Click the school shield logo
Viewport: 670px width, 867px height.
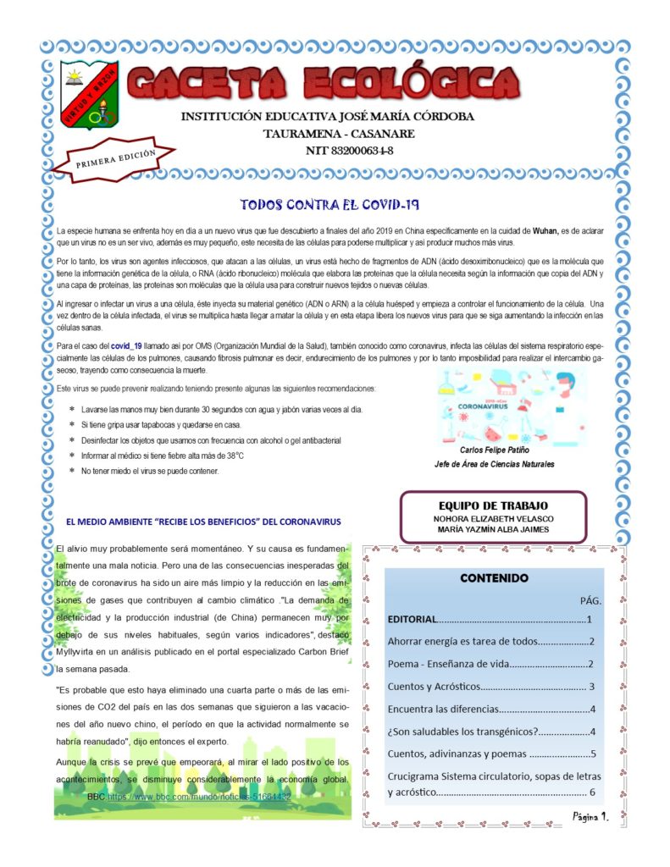90,95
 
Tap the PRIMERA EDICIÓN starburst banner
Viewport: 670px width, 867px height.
114,158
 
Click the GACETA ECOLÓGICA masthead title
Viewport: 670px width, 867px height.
323,83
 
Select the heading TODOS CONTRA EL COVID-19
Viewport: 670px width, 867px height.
330,206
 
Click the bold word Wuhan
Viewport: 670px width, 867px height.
545,231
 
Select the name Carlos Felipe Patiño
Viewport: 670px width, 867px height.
495,450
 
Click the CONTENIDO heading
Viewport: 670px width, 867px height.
494,578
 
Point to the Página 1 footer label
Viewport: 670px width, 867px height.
590,816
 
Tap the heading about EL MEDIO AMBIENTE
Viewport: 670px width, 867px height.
203,521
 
